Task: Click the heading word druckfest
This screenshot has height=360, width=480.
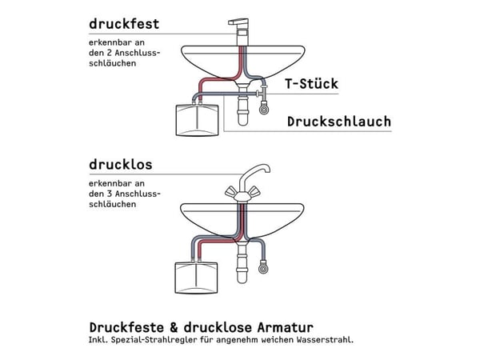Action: (124, 24)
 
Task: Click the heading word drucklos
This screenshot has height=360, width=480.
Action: (121, 165)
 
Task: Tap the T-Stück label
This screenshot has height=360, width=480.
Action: (312, 83)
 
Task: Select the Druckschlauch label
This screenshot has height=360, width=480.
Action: (339, 122)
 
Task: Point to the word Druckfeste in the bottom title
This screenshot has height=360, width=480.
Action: (126, 327)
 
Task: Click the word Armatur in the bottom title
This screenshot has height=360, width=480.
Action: (286, 327)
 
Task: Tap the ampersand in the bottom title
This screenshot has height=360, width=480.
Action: (174, 327)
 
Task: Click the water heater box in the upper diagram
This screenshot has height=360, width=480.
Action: (197, 120)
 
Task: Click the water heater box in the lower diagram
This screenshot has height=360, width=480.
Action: (196, 278)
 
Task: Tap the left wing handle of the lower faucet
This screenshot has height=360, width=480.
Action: (230, 192)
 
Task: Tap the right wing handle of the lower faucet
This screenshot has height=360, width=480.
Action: (254, 192)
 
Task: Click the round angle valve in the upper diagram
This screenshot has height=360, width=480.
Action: (264, 110)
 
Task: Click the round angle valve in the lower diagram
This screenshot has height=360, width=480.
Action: (263, 269)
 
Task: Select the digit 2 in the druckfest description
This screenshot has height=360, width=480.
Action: (110, 53)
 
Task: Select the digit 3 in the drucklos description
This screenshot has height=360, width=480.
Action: (110, 194)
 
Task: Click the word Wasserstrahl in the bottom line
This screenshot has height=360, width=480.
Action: (325, 340)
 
